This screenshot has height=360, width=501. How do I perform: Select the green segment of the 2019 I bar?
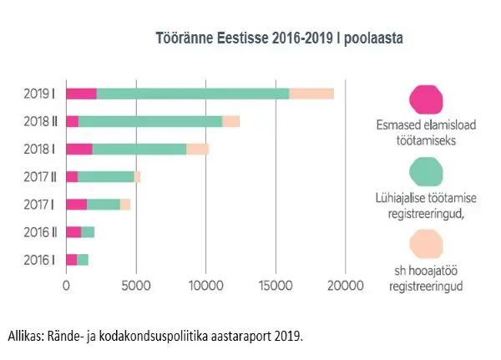(x=193, y=94)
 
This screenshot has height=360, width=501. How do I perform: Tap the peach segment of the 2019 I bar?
(x=311, y=94)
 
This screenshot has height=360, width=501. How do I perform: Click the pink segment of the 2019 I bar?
(x=81, y=94)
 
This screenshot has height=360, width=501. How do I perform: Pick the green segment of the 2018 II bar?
(x=150, y=121)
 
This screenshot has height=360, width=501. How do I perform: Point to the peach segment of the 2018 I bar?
(x=197, y=149)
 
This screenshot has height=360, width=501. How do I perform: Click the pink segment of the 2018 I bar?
(x=79, y=149)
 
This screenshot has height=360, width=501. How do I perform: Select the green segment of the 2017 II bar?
(x=106, y=176)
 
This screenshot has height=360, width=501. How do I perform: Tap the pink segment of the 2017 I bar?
(x=76, y=204)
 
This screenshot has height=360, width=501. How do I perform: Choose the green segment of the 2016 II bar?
(x=88, y=231)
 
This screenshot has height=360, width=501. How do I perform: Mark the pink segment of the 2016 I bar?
(x=71, y=259)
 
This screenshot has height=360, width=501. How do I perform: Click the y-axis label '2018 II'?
(x=39, y=121)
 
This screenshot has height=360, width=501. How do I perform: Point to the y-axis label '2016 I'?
(x=39, y=259)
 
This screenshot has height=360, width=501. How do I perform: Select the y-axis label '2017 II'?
(x=39, y=176)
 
